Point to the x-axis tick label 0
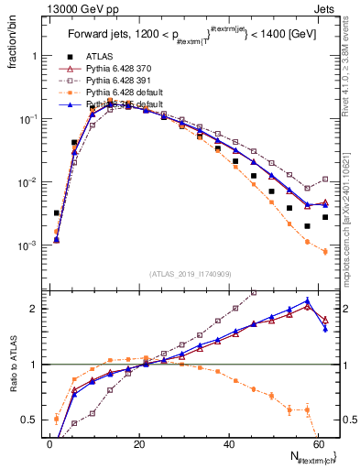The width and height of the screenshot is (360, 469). pyautogui.click(x=49, y=442)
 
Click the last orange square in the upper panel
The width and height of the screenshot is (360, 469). pyautogui.click(x=325, y=251)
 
